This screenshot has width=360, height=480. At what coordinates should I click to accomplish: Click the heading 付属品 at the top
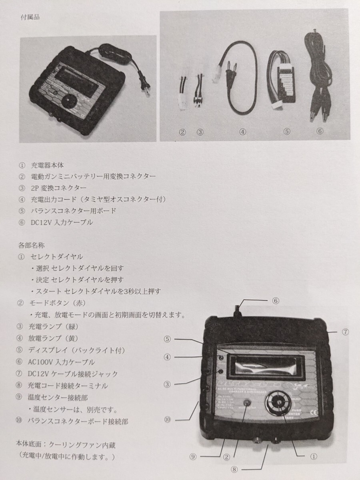pos(30,18)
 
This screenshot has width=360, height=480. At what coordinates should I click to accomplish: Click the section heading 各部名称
pos(30,244)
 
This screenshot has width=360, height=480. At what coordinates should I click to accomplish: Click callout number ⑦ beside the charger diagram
pos(345,332)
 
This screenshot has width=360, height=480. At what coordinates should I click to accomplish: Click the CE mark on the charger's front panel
pos(314,412)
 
